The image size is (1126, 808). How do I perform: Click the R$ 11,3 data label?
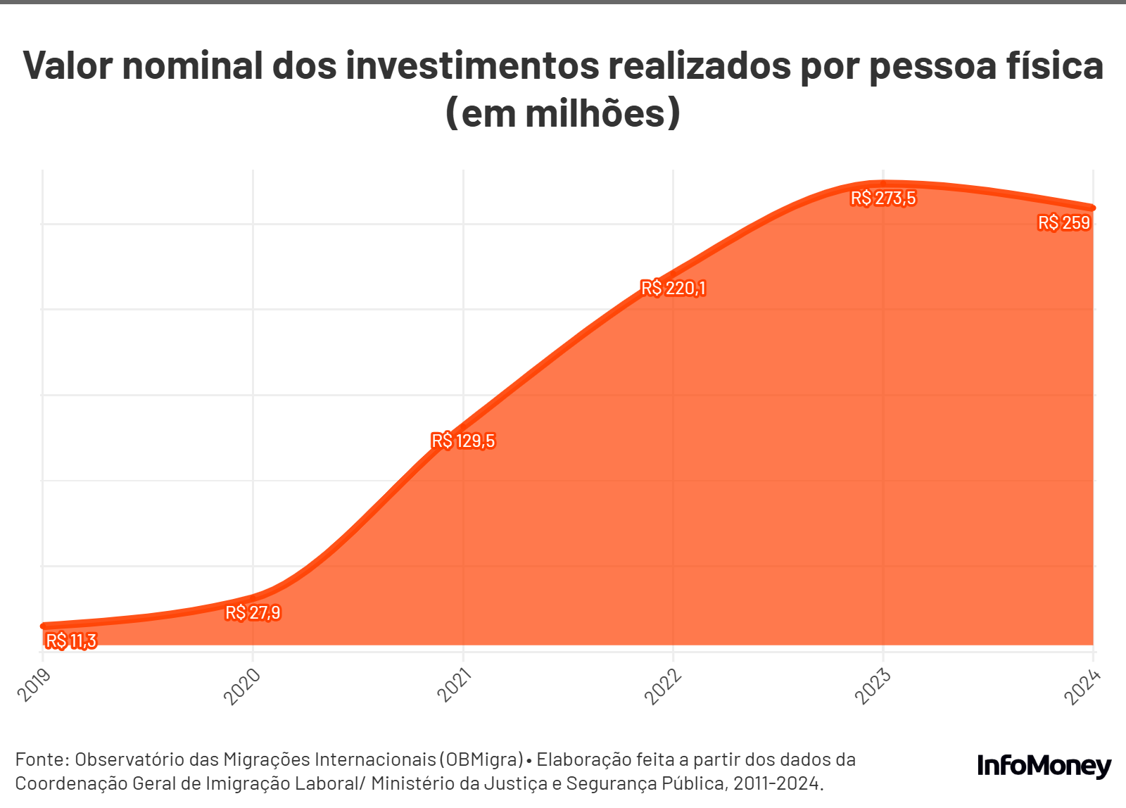[x=70, y=640]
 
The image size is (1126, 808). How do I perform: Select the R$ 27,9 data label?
[x=253, y=612]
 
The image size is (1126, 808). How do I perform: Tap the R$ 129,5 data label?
[x=463, y=441]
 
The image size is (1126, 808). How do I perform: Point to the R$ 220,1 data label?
[x=673, y=288]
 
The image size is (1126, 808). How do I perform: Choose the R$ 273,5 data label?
[x=883, y=198]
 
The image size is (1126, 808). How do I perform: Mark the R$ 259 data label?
[x=1063, y=223]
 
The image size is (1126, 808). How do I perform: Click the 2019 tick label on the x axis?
[x=34, y=684]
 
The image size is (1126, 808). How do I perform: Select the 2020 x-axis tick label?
[x=242, y=686]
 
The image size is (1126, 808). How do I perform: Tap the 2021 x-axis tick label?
[x=454, y=686]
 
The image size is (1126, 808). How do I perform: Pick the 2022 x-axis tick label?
[x=664, y=686]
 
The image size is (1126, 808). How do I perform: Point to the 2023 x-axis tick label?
[x=873, y=686]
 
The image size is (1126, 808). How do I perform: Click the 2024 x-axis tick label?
[x=1082, y=686]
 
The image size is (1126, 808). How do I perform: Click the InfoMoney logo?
[x=1044, y=766]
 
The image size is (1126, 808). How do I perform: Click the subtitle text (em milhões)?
[x=563, y=113]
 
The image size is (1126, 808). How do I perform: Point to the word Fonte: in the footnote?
[x=42, y=759]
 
